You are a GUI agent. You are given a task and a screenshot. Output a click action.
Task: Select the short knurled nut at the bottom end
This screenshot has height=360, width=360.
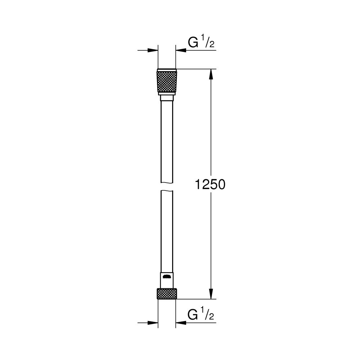pos(167,293)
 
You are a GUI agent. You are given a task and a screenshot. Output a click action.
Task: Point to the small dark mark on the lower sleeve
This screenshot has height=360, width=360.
pos(167,277)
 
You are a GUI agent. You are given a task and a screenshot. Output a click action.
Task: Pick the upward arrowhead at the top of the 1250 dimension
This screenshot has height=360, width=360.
pos(211,73)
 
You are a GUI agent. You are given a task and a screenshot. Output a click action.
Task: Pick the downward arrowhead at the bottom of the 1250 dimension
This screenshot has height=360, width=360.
pos(211,294)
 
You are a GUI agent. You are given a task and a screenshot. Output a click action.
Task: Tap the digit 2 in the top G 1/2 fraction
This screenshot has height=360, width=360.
pos(212,45)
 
